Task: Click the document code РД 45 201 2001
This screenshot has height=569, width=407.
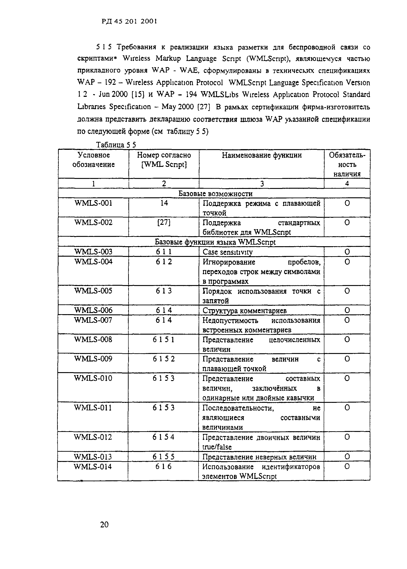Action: [129, 21]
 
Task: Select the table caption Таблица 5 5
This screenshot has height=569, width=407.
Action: [116, 145]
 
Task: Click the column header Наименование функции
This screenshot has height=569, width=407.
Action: [262, 155]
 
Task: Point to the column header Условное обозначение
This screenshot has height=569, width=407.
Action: [94, 160]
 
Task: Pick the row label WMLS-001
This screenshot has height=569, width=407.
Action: [94, 203]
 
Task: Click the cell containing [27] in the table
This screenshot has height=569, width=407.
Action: [164, 223]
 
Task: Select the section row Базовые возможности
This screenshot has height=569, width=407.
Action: [215, 193]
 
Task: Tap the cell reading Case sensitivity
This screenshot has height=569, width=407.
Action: [228, 252]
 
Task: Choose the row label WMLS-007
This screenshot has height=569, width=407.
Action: [93, 320]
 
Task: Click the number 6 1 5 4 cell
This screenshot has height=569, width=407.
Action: [163, 437]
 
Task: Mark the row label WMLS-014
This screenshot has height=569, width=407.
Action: [93, 467]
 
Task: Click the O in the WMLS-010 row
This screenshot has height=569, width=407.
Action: [347, 378]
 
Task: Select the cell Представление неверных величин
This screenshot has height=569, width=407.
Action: [259, 457]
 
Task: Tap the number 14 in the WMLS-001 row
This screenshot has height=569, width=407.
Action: [164, 203]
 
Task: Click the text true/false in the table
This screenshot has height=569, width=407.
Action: [217, 447]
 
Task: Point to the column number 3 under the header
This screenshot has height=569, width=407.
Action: [262, 184]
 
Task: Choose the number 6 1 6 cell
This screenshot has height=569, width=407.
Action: [163, 467]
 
